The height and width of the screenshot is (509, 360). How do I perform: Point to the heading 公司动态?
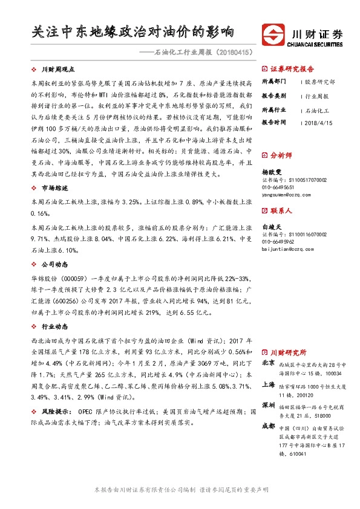point(53,264)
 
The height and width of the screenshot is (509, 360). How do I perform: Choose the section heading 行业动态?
point(53,326)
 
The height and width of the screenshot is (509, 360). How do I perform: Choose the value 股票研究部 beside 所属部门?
point(319,82)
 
